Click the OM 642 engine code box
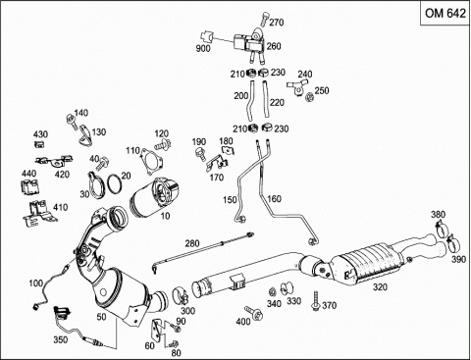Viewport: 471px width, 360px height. (x=445, y=14)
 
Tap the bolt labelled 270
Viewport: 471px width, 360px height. (x=264, y=19)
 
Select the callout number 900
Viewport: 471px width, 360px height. (x=203, y=49)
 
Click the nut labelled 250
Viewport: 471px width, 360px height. (x=309, y=97)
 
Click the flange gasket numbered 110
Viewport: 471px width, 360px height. (x=151, y=161)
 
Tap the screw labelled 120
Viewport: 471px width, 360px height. (x=163, y=144)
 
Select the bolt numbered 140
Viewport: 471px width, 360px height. (x=71, y=121)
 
